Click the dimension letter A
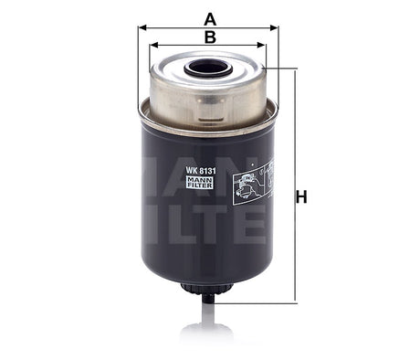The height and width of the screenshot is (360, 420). tap(210, 16)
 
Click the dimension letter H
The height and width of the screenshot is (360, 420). tap(302, 196)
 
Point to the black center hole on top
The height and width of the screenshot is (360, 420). tap(208, 68)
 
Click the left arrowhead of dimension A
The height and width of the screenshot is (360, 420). tap(142, 27)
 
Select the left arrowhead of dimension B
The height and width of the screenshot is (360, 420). tap(152, 44)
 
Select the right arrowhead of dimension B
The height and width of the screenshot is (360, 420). tap(265, 44)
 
